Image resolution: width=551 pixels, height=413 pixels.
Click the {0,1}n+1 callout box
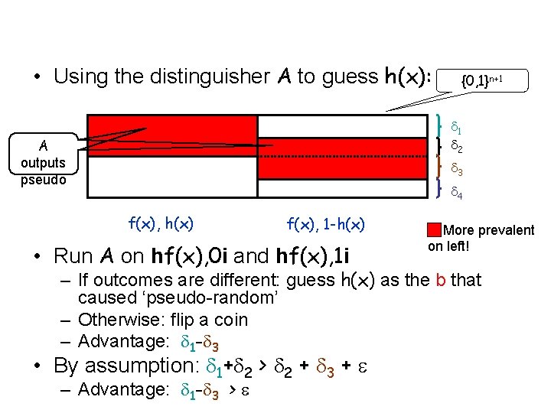click(481, 79)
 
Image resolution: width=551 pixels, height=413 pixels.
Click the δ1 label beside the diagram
click(455, 125)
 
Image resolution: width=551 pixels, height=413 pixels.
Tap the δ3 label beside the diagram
click(455, 168)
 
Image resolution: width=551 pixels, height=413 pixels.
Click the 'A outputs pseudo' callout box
click(43, 161)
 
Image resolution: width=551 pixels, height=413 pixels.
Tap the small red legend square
click(434, 229)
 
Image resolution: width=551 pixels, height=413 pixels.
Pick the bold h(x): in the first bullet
click(404, 77)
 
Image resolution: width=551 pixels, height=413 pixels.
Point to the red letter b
click(441, 280)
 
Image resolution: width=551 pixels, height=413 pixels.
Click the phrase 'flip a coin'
click(207, 319)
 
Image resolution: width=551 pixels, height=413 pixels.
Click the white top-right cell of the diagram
click(341, 126)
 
